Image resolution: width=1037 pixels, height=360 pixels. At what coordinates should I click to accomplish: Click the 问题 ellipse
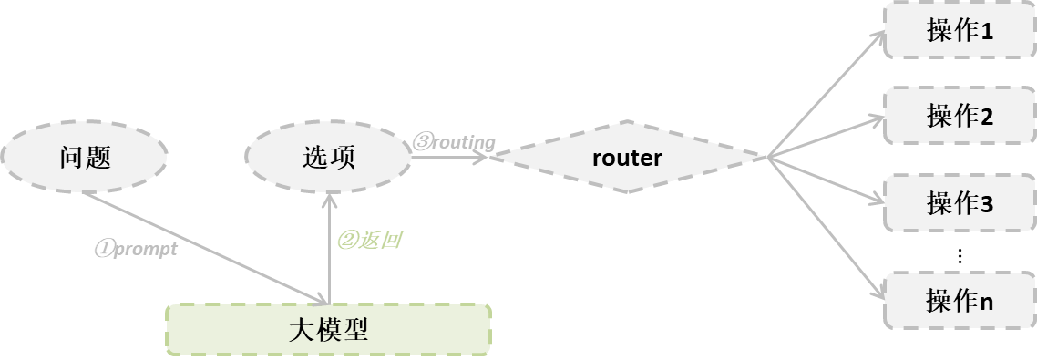tap(85, 158)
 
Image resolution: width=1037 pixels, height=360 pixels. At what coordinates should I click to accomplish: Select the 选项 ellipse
tap(328, 158)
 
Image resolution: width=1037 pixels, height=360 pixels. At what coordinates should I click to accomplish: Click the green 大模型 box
tap(328, 329)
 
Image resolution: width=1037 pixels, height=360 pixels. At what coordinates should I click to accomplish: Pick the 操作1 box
tap(960, 31)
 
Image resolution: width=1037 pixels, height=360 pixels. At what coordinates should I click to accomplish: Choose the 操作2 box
tap(960, 116)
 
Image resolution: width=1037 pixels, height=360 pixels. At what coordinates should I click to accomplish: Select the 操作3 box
tap(960, 202)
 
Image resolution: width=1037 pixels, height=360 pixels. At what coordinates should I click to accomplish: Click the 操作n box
tap(960, 300)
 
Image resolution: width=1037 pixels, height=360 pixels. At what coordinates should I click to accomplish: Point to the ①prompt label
tap(137, 248)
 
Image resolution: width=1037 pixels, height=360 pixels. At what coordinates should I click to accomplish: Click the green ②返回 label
tap(370, 241)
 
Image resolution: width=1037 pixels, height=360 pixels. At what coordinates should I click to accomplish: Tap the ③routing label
tap(455, 141)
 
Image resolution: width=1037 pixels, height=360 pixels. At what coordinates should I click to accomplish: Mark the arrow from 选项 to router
tap(448, 158)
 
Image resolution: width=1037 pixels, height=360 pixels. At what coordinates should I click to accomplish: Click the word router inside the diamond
tap(627, 158)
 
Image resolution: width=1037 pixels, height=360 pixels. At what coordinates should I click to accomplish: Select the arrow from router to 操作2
tap(825, 138)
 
